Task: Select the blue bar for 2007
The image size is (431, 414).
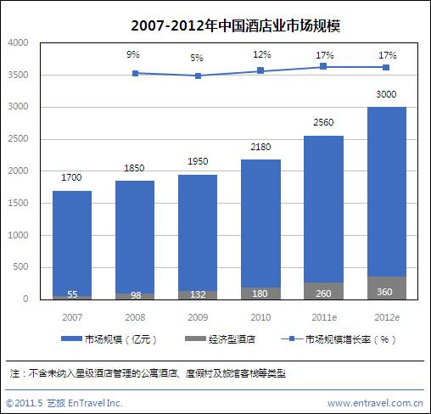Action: (72, 242)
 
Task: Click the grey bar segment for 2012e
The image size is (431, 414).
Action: (386, 288)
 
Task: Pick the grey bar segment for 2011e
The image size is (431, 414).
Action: (323, 291)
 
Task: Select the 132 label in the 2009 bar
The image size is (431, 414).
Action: (198, 294)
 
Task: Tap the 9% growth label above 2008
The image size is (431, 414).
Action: (134, 54)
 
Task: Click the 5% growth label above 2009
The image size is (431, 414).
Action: (197, 58)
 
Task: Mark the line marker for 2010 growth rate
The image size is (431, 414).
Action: (260, 70)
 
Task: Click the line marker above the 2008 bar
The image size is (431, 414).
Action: (135, 73)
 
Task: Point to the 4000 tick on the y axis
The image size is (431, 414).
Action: (19, 42)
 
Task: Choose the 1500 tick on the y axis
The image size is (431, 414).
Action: (19, 203)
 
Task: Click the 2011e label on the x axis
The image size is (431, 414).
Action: (323, 315)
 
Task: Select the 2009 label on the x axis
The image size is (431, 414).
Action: (198, 315)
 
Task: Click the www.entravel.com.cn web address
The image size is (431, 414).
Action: (375, 402)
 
